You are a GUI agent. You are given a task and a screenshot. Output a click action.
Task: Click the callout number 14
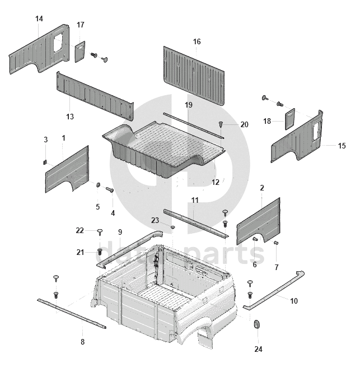click(x=39, y=19)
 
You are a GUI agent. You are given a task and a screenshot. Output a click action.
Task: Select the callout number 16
click(x=197, y=42)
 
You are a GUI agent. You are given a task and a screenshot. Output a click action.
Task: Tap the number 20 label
click(x=244, y=124)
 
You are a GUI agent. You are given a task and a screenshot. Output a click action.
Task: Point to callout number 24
click(x=258, y=349)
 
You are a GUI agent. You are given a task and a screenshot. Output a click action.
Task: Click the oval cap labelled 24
click(x=258, y=325)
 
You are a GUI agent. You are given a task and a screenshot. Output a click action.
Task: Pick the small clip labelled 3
click(x=46, y=161)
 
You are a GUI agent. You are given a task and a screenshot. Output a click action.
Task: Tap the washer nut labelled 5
click(x=98, y=185)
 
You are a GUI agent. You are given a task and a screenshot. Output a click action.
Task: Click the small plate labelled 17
click(x=80, y=50)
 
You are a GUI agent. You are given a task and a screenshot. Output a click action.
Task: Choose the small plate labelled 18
click(x=290, y=119)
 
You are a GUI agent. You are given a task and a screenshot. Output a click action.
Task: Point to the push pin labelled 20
click(x=222, y=123)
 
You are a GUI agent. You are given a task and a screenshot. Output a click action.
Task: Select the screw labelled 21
click(x=100, y=252)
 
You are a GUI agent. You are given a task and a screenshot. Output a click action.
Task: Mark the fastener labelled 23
click(x=173, y=227)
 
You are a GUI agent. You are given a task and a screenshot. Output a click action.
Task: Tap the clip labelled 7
click(x=277, y=243)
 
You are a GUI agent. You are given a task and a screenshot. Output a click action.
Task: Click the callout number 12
click(x=216, y=182)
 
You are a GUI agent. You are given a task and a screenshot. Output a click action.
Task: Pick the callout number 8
click(x=83, y=342)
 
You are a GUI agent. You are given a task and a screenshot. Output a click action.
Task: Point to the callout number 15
click(x=342, y=146)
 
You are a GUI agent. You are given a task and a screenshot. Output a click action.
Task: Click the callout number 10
click(x=294, y=301)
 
